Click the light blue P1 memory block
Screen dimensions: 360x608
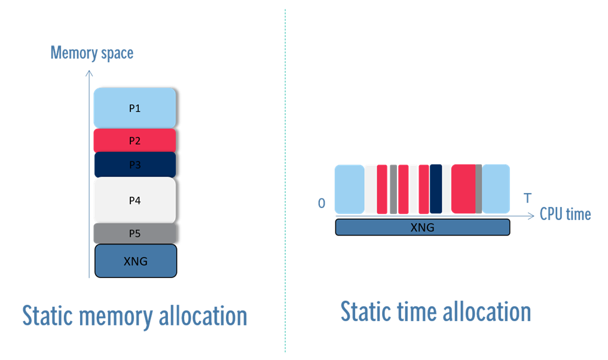click(135, 108)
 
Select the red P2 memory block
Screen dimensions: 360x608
click(135, 141)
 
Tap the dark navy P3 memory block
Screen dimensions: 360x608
click(135, 164)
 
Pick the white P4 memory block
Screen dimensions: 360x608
click(135, 200)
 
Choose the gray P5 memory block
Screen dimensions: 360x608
click(135, 233)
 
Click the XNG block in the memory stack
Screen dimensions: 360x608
click(135, 261)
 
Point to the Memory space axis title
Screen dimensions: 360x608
click(91, 53)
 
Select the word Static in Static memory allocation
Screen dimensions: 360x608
click(50, 316)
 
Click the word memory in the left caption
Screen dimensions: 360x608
click(121, 316)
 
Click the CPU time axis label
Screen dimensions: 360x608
click(565, 214)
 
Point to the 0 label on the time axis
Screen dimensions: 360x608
click(322, 203)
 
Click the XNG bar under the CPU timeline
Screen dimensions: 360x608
click(422, 227)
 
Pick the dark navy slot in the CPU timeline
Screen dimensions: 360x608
click(436, 188)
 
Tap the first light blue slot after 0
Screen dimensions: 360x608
click(350, 188)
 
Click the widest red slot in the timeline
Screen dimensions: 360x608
click(463, 188)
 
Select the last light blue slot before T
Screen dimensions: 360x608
click(496, 188)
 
